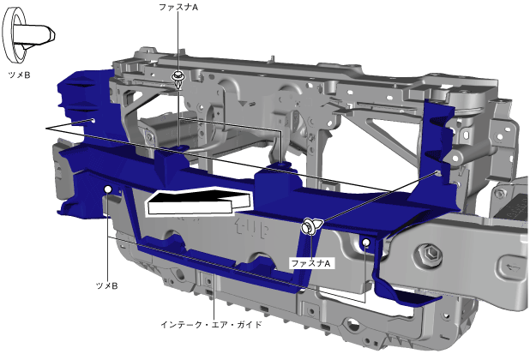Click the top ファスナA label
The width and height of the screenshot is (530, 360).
pos(178,7)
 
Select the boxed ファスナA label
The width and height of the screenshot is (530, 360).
pos(311,263)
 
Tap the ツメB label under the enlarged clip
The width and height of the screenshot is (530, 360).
pos(19,75)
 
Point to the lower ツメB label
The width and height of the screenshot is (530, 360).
pos(107,285)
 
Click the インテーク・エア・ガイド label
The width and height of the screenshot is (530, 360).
pos(211,325)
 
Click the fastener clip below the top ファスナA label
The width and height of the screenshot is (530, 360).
pos(178,80)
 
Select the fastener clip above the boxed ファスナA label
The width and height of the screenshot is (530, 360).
pos(311,226)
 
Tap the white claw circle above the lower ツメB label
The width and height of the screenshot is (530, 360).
pos(108,189)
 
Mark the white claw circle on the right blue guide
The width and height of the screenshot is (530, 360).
pos(366,242)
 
